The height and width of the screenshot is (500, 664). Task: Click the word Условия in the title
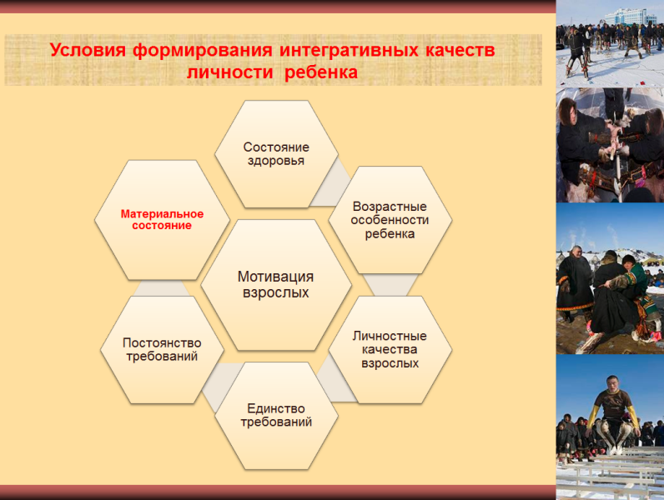(x=88, y=50)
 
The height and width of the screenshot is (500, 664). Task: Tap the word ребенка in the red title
(x=321, y=72)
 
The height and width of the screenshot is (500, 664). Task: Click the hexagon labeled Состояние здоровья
(x=276, y=154)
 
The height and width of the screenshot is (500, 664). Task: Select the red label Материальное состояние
(x=162, y=219)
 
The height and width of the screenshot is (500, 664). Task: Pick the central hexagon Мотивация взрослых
(x=276, y=285)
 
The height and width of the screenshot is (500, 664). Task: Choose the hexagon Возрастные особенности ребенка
(x=390, y=220)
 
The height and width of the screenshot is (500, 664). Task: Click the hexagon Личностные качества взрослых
(x=390, y=349)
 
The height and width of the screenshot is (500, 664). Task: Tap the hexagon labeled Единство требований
(x=276, y=415)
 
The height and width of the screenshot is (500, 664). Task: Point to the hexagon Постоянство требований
(x=162, y=349)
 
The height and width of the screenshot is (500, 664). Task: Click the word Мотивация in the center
(x=275, y=277)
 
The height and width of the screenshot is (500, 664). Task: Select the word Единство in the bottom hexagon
(x=276, y=408)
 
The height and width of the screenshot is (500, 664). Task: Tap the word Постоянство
(x=162, y=342)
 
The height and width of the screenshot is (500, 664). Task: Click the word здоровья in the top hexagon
(x=276, y=161)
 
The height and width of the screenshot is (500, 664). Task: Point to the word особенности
(x=390, y=220)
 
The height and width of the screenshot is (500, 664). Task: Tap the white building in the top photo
(x=630, y=17)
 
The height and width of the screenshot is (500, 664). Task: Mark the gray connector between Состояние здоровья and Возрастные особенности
(x=331, y=182)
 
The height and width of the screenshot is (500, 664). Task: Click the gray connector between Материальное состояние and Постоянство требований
(x=162, y=288)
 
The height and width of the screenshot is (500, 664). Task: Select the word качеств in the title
(x=460, y=50)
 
